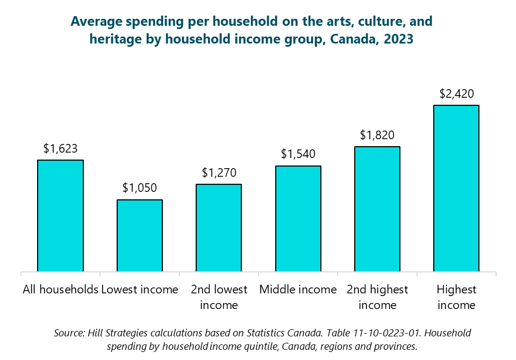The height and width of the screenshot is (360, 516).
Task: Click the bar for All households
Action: point(60,215)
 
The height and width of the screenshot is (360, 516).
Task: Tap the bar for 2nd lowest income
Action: point(219,228)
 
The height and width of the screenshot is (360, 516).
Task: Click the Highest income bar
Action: point(456,188)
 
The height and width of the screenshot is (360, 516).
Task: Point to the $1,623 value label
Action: point(61,148)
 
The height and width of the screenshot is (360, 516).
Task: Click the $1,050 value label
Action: point(140,188)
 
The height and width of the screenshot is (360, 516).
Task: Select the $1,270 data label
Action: point(219,172)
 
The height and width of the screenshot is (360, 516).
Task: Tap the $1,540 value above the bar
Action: point(298,154)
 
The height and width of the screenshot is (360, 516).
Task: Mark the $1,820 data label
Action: point(377,135)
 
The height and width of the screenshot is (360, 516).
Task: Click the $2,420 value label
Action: point(456,93)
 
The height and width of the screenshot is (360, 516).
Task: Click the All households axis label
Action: point(60,290)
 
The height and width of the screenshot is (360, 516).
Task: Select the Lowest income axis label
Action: point(140,290)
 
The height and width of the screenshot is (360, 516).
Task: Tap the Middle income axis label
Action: point(298,290)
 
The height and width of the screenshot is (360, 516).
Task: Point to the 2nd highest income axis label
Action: point(377,297)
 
